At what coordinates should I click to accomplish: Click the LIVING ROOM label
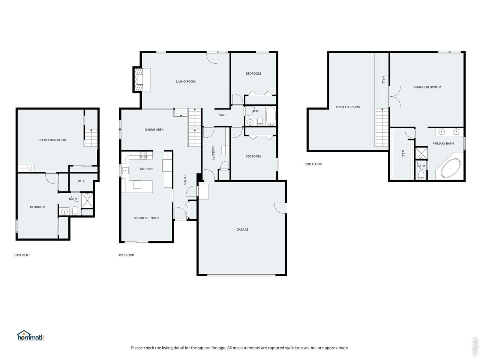click(186, 81)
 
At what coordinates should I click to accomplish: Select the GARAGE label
click(242, 229)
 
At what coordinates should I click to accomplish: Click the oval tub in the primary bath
click(451, 168)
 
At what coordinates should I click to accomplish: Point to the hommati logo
click(30, 336)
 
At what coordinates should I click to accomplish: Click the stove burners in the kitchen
click(143, 155)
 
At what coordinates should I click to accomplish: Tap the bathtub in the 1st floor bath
click(271, 116)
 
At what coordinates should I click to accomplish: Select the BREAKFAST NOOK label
click(147, 218)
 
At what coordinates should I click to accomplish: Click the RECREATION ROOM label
click(52, 140)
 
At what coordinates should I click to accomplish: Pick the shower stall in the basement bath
click(87, 200)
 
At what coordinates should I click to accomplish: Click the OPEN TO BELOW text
click(348, 107)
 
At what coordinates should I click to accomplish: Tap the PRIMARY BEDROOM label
click(427, 87)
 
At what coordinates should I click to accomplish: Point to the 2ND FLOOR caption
click(313, 164)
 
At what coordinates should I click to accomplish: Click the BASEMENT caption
click(22, 255)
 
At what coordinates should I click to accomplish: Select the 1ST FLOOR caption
click(126, 255)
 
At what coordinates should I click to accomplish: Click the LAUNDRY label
click(213, 153)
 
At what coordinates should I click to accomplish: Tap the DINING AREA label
click(154, 130)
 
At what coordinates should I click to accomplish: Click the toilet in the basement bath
click(75, 211)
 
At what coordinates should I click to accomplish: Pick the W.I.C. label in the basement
click(82, 181)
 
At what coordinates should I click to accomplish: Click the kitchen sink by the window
click(125, 170)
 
